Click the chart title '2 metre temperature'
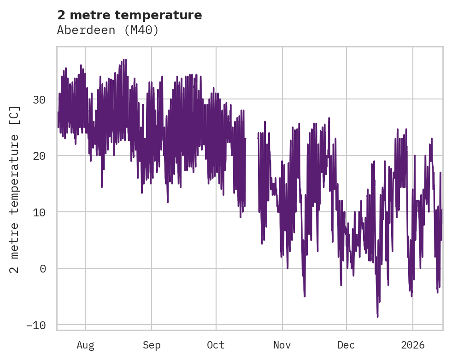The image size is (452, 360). pos(129,15)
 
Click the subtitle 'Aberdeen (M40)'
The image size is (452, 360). pos(108,30)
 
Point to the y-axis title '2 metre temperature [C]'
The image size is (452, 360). pos(15,189)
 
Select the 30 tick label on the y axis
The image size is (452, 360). pos(40,99)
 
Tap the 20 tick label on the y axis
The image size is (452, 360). pos(40,156)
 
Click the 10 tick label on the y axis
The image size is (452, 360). pos(40,212)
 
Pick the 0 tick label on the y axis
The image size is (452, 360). pos(43,269)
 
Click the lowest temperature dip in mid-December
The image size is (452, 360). pos(377,317)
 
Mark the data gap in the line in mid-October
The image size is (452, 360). pos(252,138)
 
